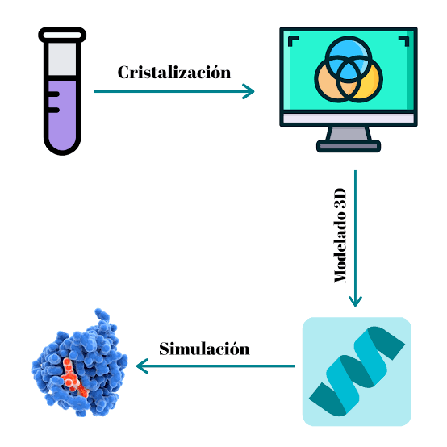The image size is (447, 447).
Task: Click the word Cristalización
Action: pos(174,73)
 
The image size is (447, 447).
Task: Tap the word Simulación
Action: pos(204,349)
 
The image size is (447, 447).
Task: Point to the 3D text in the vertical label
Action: pos(340,200)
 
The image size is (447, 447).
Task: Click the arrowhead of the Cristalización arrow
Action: pos(249,91)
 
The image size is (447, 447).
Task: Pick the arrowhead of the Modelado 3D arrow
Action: pos(355,301)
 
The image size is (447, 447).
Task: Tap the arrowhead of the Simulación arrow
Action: pos(141,366)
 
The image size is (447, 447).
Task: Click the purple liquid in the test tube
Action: pos(62,114)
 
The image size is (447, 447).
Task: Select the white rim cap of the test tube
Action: pos(62,35)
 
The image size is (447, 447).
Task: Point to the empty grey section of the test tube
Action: pos(62,59)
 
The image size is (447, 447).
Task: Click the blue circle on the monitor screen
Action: pos(349,58)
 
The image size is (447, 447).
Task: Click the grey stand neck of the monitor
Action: pos(349,133)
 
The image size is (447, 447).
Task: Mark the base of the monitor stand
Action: pos(349,146)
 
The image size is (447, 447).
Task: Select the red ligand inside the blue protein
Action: pos(72,376)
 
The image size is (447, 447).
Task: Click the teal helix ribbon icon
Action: pos(357,371)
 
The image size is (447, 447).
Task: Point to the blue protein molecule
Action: pos(80,363)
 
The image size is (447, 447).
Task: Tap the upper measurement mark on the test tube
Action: pos(54,94)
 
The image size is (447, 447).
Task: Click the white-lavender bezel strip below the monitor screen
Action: pos(349,119)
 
